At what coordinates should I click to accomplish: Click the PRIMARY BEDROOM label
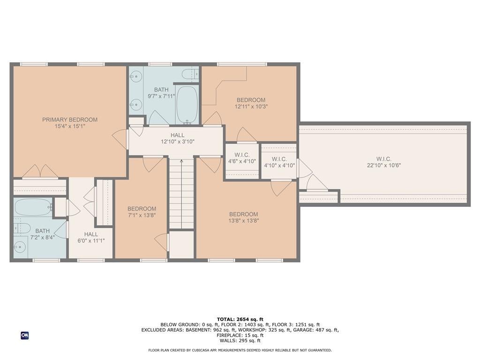[70, 120]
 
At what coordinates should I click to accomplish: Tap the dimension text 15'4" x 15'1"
[70, 126]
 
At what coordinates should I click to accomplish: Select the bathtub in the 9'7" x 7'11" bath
[187, 104]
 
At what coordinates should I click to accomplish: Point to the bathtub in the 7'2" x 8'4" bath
[32, 207]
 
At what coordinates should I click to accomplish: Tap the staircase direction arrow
[181, 162]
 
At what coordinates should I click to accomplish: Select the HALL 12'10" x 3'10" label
[177, 138]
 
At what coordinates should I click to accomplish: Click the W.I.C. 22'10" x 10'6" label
[383, 162]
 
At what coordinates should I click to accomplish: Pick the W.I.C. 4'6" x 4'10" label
[242, 158]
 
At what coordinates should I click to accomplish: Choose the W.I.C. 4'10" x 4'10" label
[279, 162]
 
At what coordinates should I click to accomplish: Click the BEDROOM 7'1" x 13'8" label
[142, 212]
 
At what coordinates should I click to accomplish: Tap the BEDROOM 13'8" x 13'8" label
[244, 217]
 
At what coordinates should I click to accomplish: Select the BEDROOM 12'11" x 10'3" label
[251, 103]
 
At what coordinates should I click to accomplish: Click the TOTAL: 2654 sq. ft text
[240, 319]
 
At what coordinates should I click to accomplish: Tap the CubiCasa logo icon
[24, 335]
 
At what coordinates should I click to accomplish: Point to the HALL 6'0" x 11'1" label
[91, 237]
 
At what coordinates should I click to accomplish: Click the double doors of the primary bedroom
[40, 172]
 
